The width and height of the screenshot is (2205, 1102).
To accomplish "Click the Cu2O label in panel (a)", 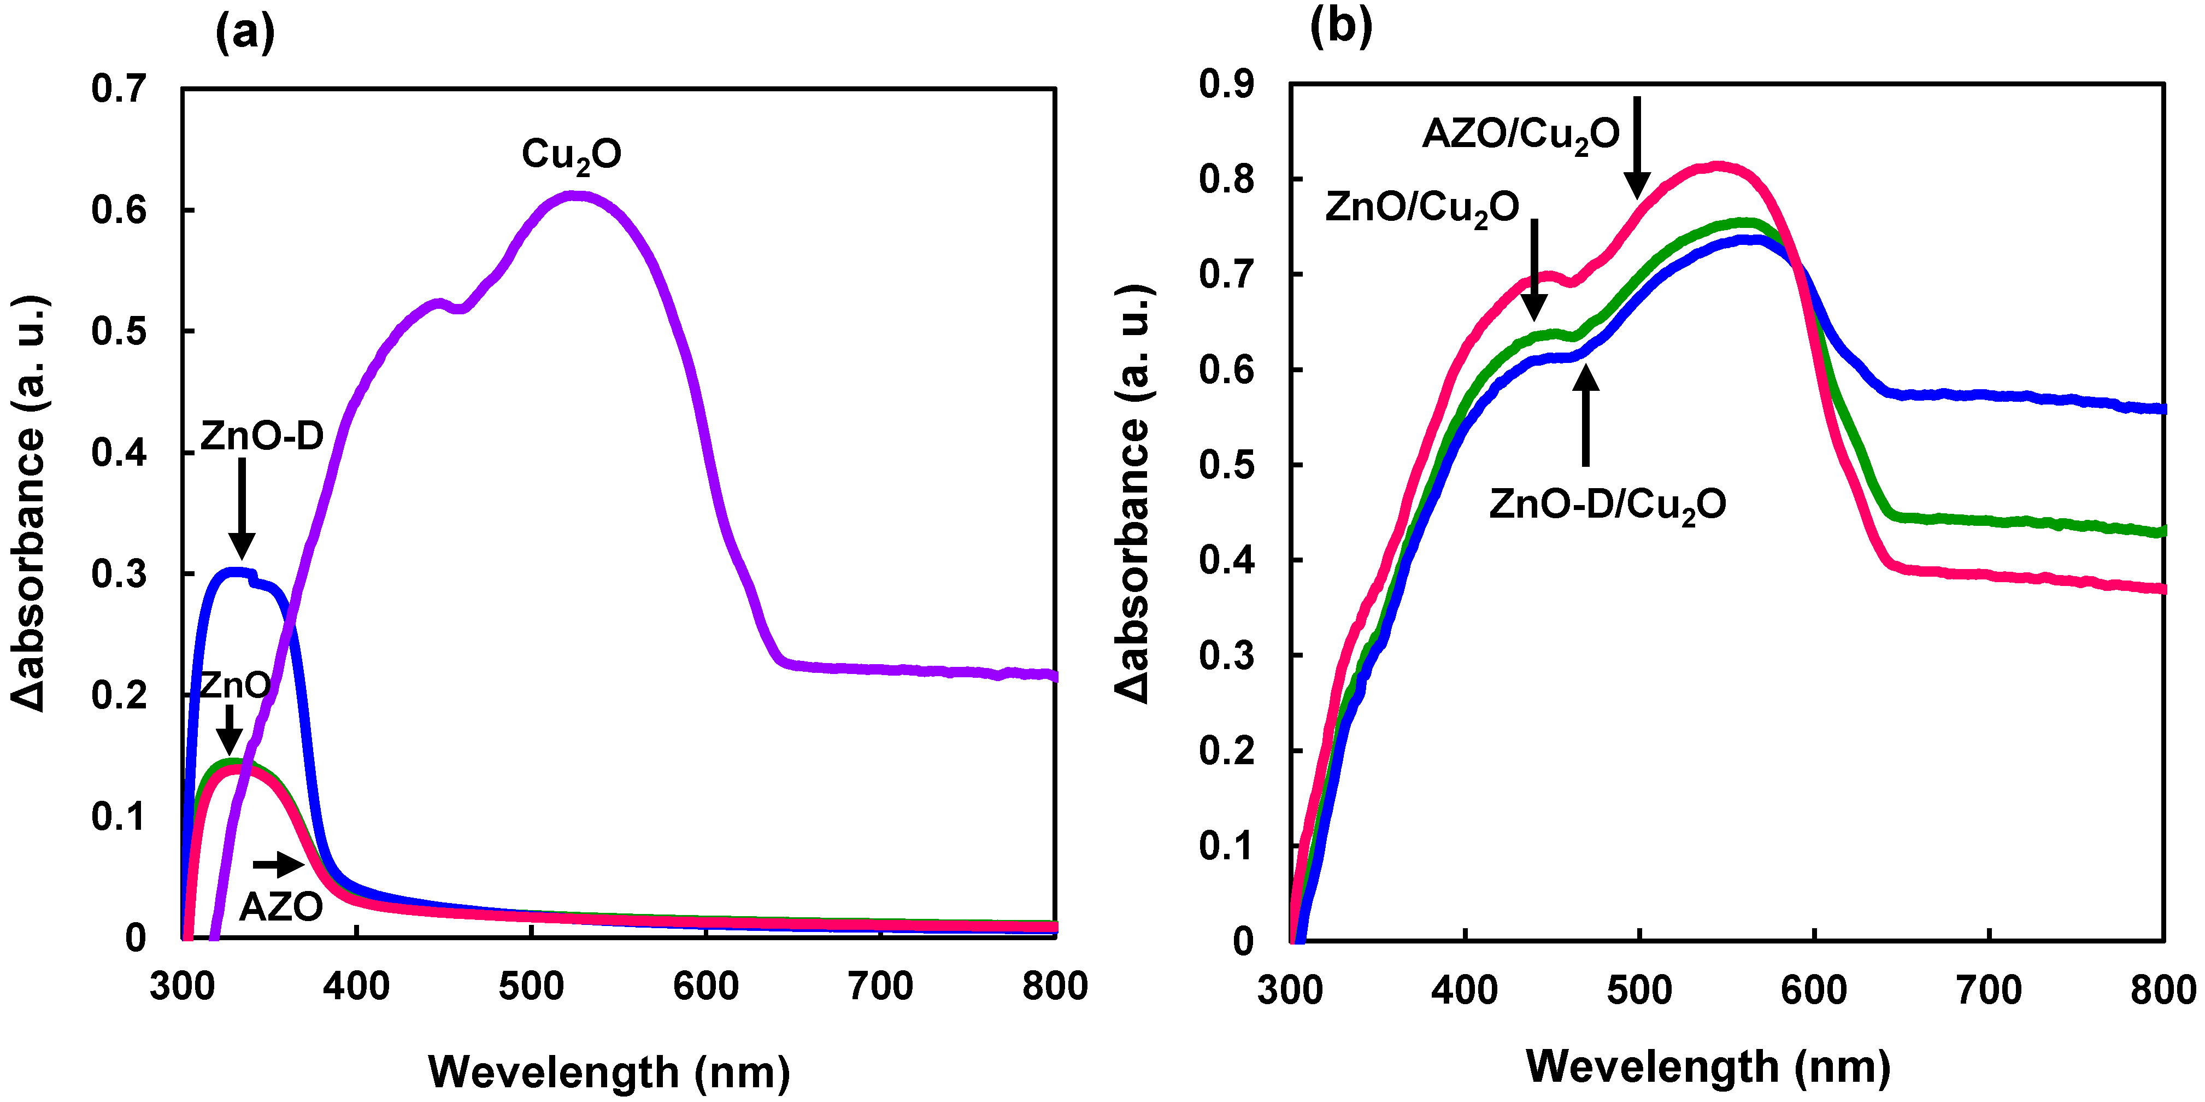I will pos(571,155).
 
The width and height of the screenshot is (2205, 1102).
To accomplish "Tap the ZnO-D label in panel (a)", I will pos(262,437).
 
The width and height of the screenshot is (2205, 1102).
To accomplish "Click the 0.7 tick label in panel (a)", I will pos(119,89).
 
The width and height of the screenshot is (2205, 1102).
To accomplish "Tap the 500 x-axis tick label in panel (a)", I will pos(532,987).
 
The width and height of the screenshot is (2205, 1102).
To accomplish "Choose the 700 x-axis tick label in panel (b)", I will pos(1989,990).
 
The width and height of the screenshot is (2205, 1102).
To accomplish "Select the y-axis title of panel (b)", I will pos(1134,494).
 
